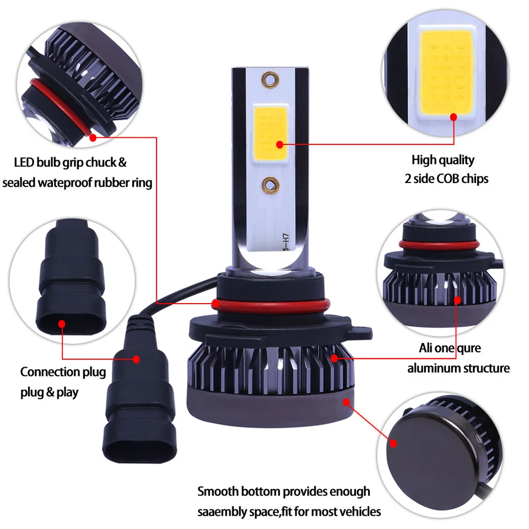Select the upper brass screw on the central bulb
click(270, 80)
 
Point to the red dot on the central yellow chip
click(279, 145)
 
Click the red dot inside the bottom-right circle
click(394, 443)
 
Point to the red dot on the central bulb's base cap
click(347, 402)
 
